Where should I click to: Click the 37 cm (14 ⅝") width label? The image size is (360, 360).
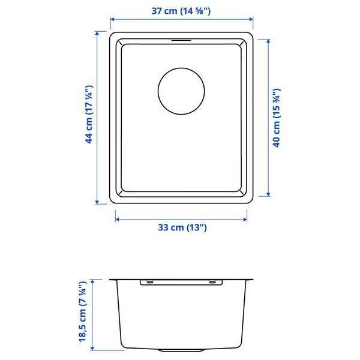click(x=181, y=11)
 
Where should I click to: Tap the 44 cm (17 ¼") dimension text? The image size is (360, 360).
click(x=89, y=115)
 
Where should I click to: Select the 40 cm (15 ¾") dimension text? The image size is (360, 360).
click(x=277, y=118)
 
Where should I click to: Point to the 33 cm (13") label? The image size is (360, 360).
click(x=182, y=227)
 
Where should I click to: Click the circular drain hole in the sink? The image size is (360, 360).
click(x=181, y=91)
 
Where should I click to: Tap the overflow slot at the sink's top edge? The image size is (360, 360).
click(x=181, y=40)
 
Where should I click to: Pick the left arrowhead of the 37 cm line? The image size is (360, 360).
click(x=113, y=19)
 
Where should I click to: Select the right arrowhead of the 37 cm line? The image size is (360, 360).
click(x=251, y=19)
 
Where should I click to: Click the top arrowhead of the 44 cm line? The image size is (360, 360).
click(x=97, y=34)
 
